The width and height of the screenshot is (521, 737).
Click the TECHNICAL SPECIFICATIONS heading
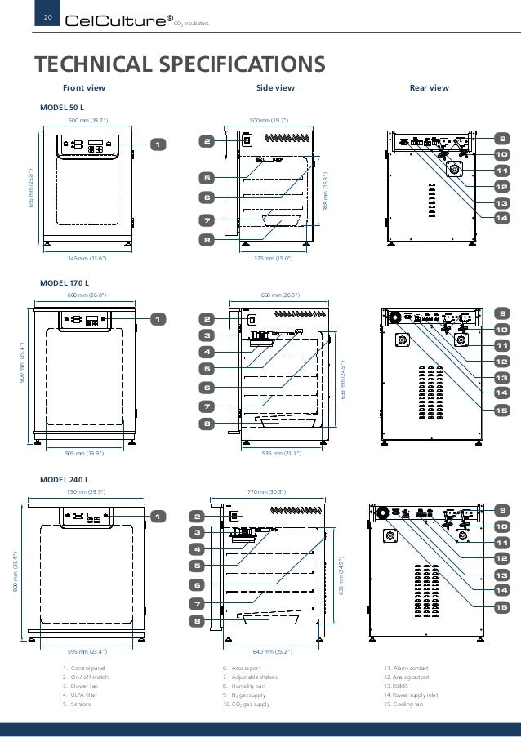[x=177, y=63]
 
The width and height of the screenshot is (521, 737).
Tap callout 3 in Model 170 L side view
[x=207, y=335]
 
